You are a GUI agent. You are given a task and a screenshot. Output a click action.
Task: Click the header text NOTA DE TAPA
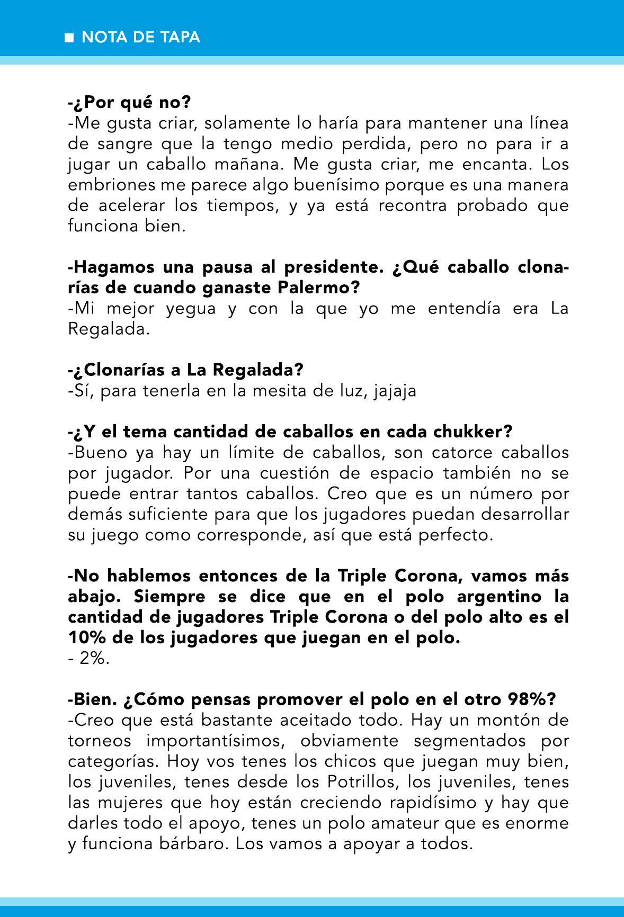point(141,38)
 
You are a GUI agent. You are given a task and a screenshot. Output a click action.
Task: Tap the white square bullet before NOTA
point(68,38)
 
